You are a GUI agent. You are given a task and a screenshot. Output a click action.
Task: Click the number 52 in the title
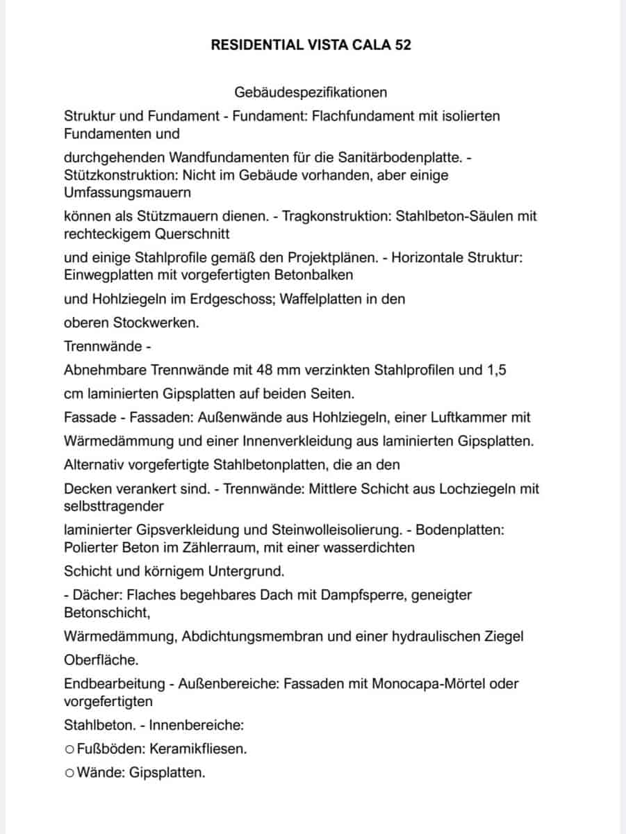click(402, 45)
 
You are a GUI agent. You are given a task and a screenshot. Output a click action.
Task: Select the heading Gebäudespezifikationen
click(311, 92)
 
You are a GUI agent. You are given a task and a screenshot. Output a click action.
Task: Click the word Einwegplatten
click(106, 275)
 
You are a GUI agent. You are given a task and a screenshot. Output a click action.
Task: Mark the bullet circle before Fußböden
click(68, 749)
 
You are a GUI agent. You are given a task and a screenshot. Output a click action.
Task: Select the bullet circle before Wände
click(68, 773)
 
